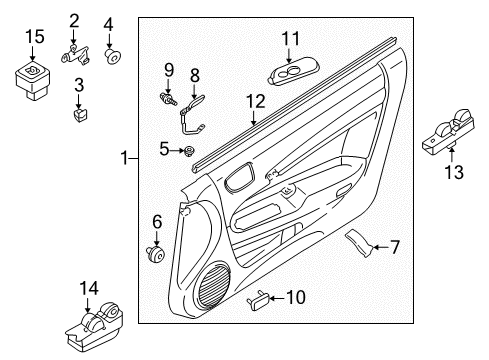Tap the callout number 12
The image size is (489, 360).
(257, 101)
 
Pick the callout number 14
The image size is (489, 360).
(89, 289)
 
